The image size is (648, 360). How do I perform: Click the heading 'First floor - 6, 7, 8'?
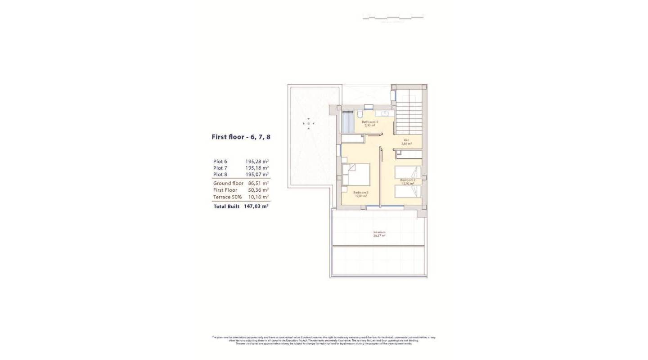(x=241, y=137)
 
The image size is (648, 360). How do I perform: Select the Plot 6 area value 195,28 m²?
(x=257, y=161)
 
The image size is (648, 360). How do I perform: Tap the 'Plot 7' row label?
(x=220, y=168)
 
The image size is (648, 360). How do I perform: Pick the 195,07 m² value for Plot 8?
(x=257, y=174)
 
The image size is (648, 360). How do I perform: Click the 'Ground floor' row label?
(x=228, y=183)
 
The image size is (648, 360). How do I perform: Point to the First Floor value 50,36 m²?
(x=258, y=190)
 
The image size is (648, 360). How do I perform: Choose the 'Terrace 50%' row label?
(x=227, y=197)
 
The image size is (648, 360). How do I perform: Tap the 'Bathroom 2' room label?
(x=370, y=122)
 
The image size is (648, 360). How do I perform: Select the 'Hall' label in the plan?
(x=406, y=140)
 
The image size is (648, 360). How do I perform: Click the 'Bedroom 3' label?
(x=360, y=193)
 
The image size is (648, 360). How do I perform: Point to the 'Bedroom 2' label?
(x=408, y=180)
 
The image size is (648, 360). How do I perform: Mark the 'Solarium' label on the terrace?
(x=379, y=232)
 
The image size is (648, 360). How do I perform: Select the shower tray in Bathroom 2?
(x=348, y=122)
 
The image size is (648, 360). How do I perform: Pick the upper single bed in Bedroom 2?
(x=408, y=172)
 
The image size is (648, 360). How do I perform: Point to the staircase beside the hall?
(x=409, y=117)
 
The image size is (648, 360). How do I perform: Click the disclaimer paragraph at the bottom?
(x=324, y=340)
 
